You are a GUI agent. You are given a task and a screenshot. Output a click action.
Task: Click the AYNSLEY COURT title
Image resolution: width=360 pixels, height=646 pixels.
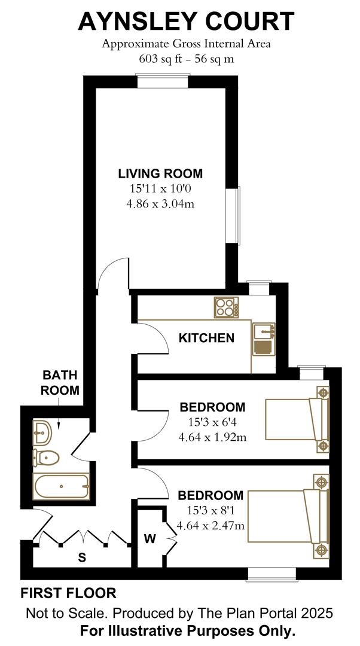[186, 22]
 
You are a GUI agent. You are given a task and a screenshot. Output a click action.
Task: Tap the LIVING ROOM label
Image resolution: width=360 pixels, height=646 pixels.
[160, 174]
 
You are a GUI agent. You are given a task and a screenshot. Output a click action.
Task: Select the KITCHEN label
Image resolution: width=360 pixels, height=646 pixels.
[206, 338]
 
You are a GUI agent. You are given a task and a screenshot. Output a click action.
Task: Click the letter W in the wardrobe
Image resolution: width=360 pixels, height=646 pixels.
[150, 539]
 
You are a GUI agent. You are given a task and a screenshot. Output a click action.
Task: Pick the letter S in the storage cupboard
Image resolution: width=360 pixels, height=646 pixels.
[83, 557]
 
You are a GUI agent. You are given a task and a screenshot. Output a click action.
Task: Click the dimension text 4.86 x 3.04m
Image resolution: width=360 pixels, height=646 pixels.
[160, 203]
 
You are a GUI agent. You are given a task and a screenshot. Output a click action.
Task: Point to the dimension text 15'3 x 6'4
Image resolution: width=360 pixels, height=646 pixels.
[212, 422]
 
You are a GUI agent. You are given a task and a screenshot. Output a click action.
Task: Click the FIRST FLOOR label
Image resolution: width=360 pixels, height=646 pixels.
[68, 593]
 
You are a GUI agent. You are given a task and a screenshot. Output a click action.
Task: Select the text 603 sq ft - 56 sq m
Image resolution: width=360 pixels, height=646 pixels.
[185, 59]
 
